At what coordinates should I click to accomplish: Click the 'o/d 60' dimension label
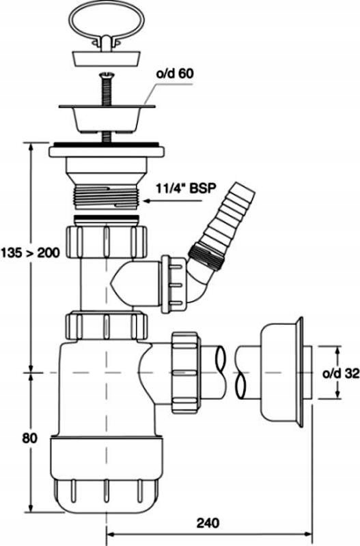176,74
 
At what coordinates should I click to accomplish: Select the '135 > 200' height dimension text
30,253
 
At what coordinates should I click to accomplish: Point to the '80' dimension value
29,438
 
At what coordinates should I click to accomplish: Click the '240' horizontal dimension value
208,523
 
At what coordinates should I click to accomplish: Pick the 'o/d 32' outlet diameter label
340,373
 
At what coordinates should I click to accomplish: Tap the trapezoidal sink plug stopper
107,58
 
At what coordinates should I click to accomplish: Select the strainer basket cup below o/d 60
107,117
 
